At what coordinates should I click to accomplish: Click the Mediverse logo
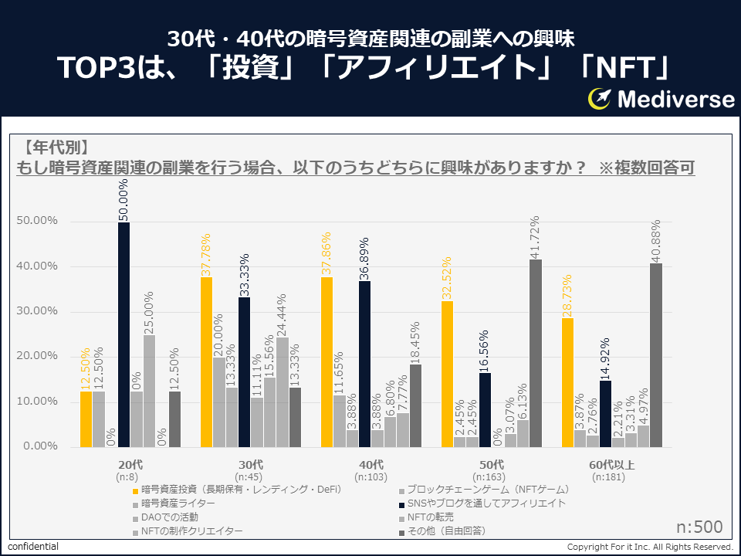click(661, 99)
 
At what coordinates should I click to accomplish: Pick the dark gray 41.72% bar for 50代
click(536, 353)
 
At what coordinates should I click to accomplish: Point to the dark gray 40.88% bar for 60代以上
click(656, 355)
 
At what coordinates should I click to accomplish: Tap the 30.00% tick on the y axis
click(37, 311)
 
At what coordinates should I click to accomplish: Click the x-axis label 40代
click(371, 464)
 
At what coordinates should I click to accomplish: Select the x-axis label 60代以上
click(612, 464)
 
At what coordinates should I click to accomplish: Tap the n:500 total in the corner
click(699, 527)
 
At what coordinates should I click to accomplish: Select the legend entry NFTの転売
click(430, 517)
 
